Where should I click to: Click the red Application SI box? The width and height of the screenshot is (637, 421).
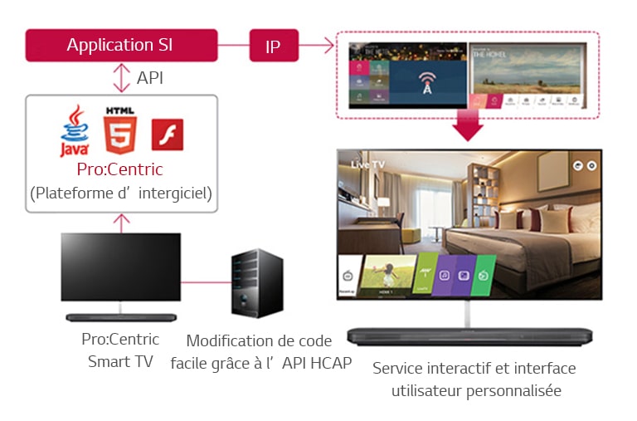121,46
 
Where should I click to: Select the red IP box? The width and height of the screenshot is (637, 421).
273,46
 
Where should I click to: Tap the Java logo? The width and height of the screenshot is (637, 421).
74,130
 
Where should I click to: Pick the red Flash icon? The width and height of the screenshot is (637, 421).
167,134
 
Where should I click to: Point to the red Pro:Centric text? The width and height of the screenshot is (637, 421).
121,169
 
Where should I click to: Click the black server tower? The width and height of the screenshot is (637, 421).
256,283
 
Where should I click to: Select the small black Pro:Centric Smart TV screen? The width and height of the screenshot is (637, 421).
120,267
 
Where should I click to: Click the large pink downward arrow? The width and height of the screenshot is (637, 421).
469,127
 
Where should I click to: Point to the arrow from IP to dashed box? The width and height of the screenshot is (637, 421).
315,47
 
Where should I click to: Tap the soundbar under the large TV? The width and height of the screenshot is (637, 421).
469,335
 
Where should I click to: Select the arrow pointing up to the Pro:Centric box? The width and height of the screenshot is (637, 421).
122,222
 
